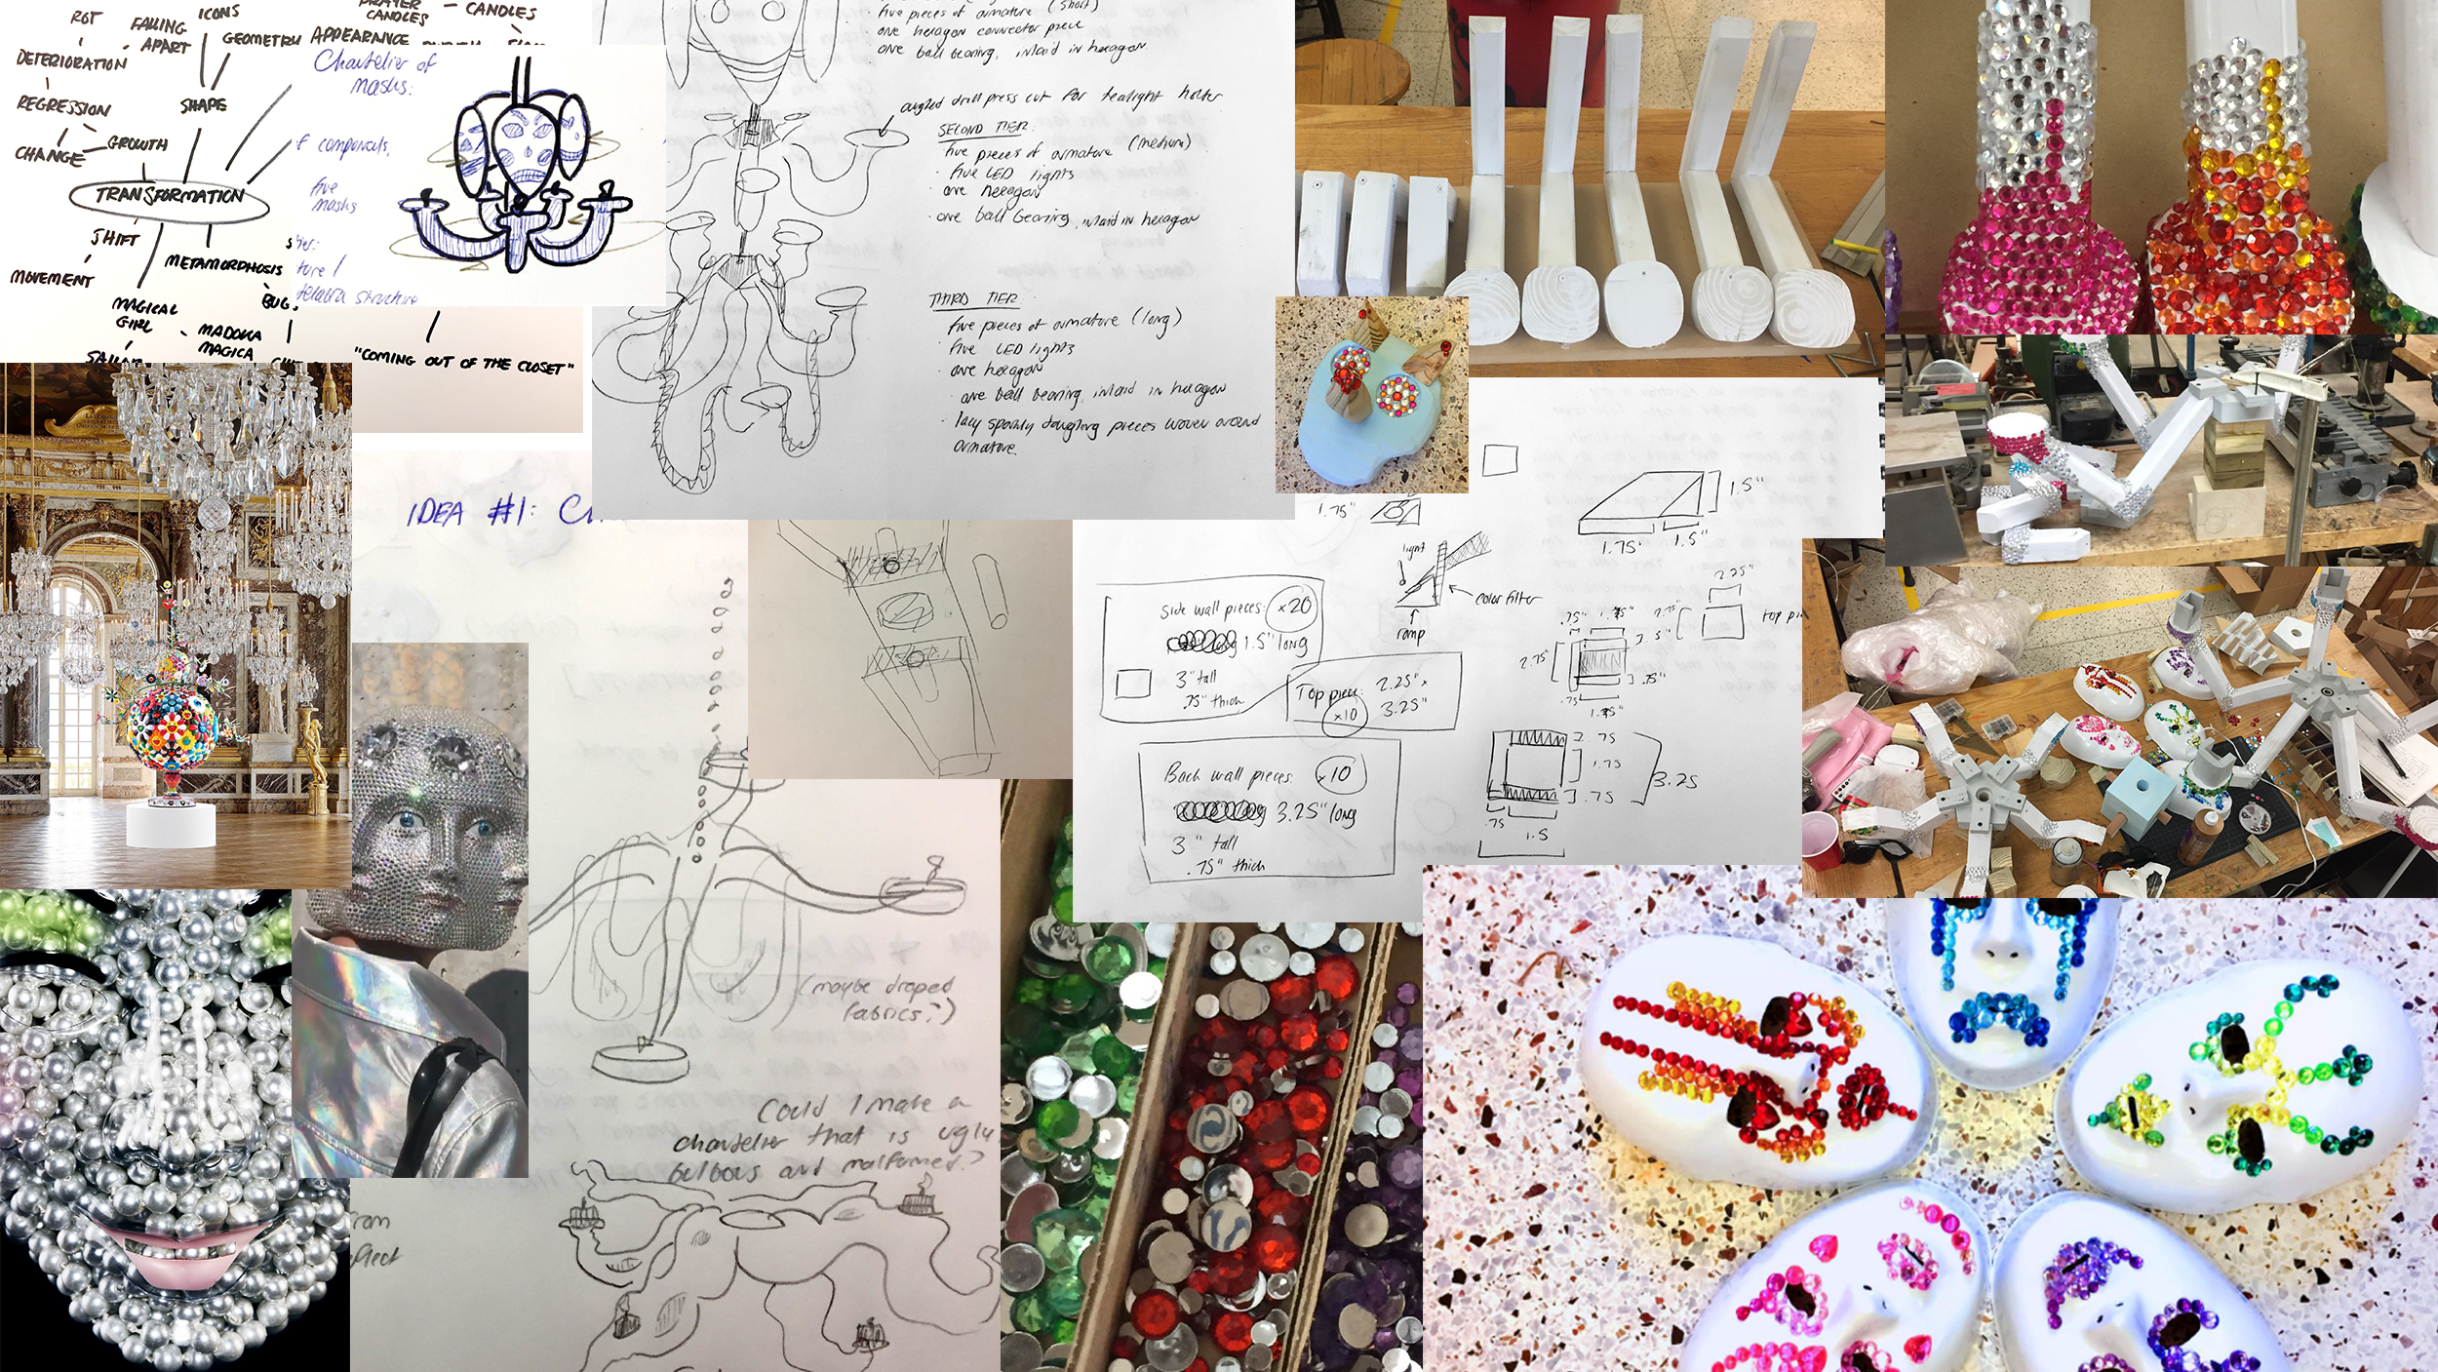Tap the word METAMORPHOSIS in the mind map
point(223,264)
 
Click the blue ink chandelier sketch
point(517,176)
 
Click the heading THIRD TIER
point(973,299)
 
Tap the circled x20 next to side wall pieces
point(1293,607)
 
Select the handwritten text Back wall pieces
point(1228,776)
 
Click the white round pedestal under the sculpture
point(171,824)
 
